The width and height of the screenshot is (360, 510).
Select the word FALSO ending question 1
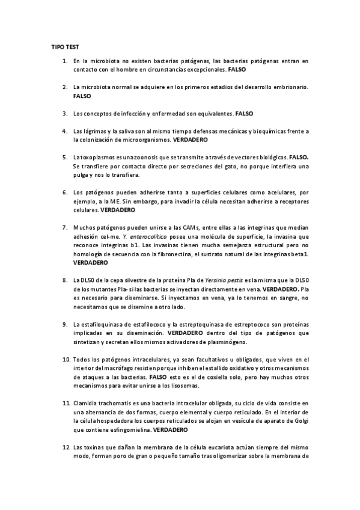(237, 70)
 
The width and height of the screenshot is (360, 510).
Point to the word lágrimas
(94, 131)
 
